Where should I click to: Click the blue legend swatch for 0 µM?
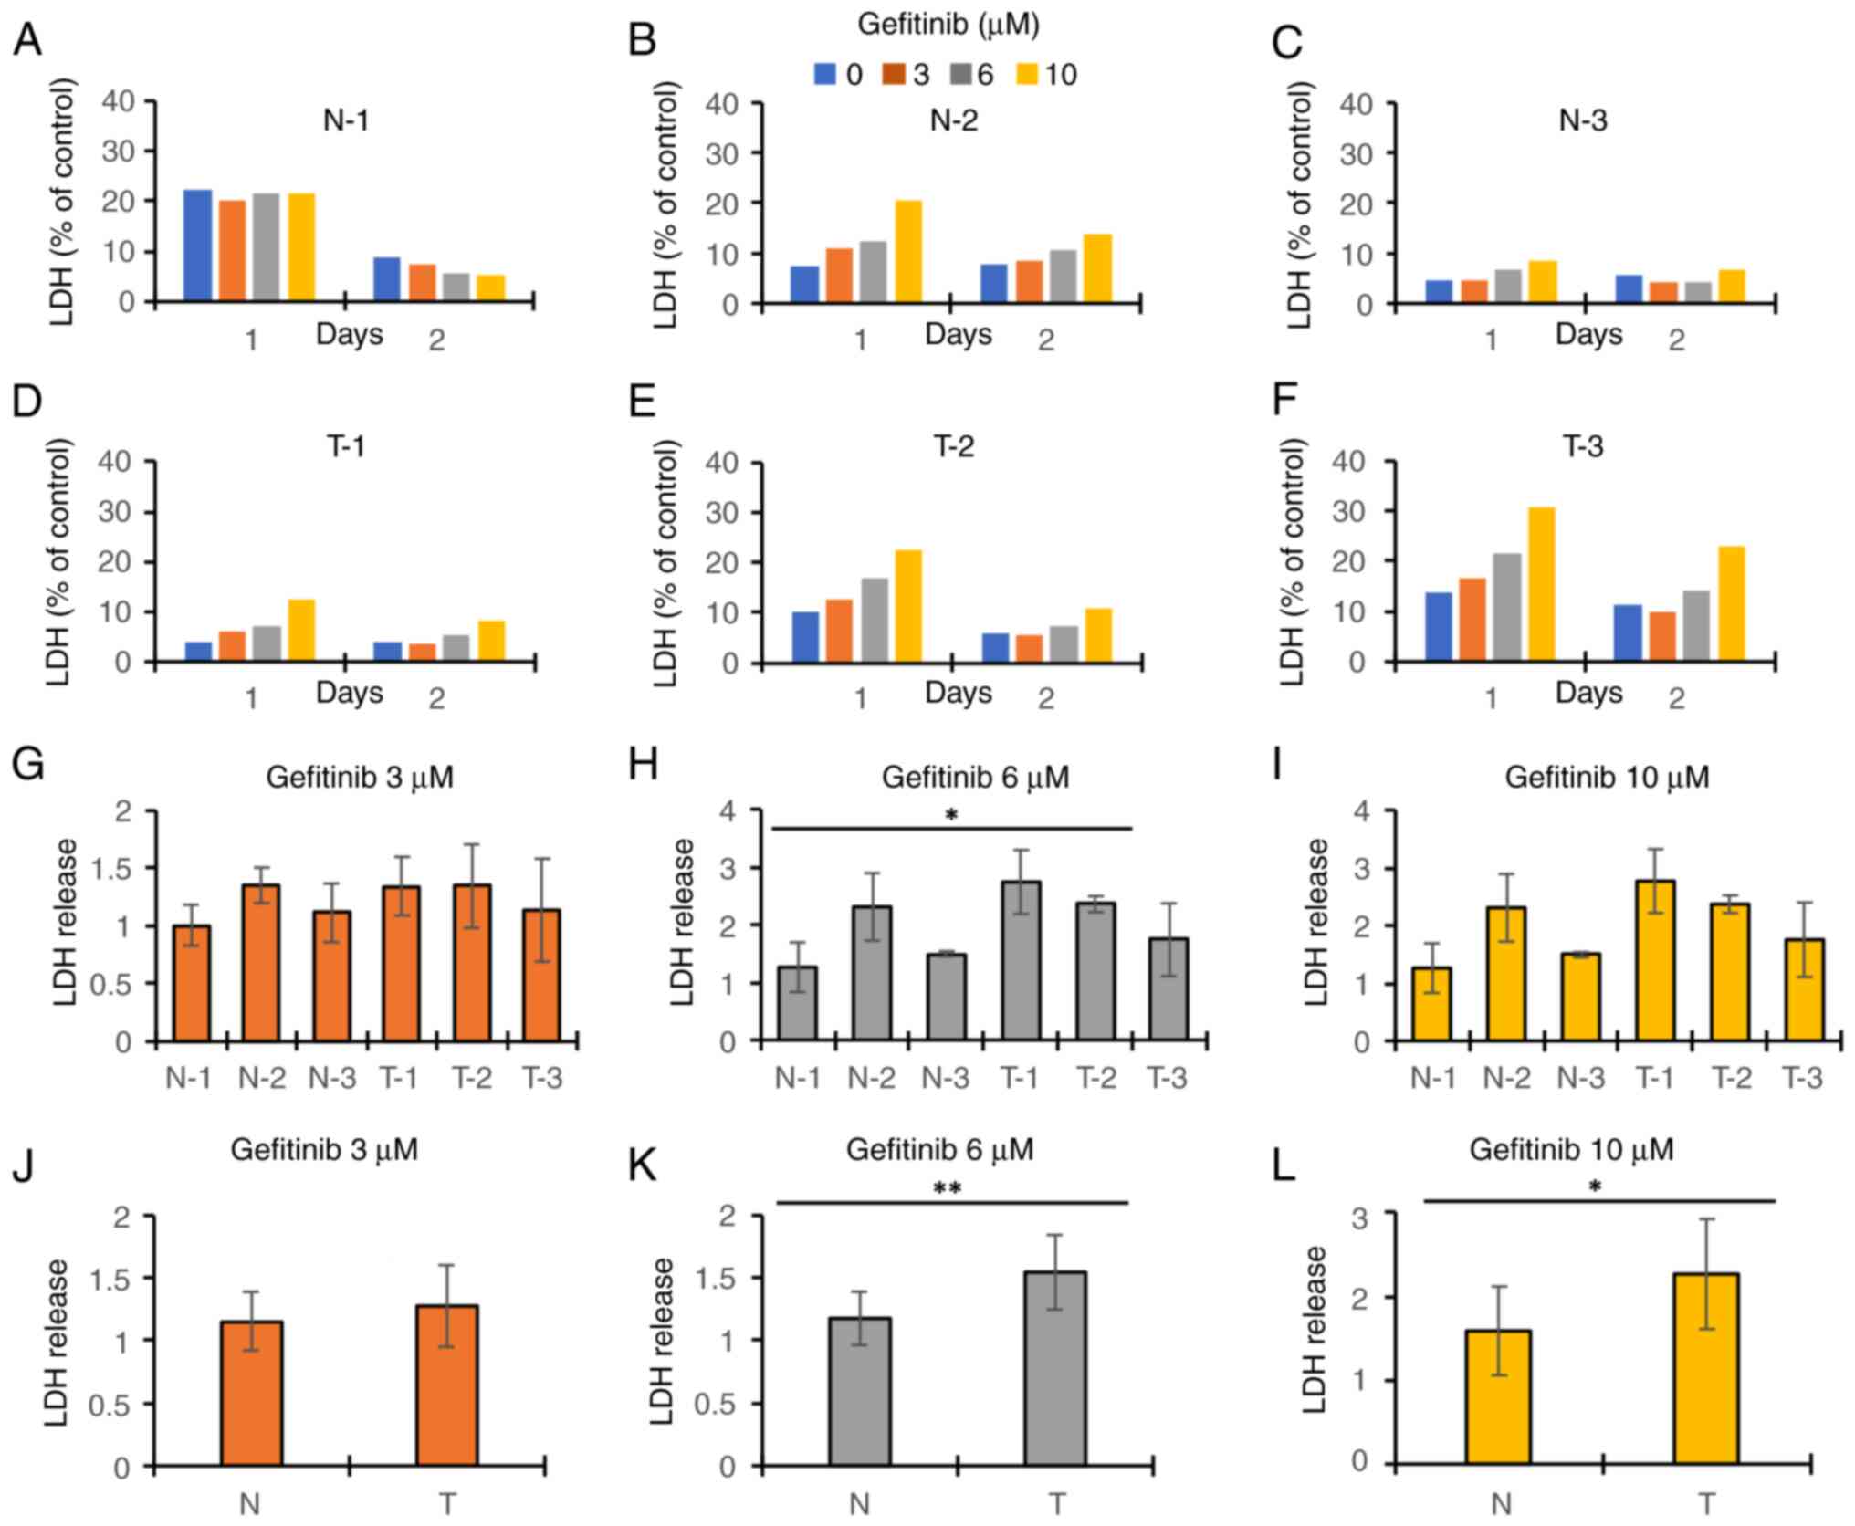(x=825, y=75)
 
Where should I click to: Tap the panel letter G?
(x=28, y=765)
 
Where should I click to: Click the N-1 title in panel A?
(x=346, y=121)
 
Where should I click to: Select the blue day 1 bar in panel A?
(x=198, y=246)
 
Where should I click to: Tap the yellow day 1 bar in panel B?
(x=908, y=252)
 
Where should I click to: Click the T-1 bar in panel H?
(x=1021, y=961)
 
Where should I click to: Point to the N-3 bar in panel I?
(x=1579, y=998)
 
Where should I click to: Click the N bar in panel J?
(x=251, y=1394)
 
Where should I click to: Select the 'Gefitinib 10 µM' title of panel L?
(x=1570, y=1150)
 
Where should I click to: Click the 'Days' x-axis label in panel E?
(x=958, y=694)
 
